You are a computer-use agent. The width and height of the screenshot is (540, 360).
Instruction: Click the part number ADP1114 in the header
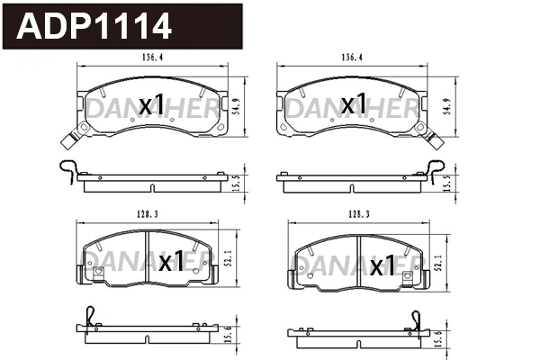94,26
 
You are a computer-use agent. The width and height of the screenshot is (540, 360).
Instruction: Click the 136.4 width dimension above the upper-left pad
152,58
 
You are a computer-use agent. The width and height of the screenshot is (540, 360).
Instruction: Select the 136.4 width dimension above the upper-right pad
352,58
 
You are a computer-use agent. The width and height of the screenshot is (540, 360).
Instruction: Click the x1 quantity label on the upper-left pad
152,105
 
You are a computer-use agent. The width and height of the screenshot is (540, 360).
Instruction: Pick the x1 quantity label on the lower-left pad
171,262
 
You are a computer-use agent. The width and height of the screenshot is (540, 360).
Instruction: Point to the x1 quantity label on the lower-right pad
383,265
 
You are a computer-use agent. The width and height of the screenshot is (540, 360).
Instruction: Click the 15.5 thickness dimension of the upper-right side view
447,182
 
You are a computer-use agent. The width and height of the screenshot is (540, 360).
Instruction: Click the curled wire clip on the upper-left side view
67,168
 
